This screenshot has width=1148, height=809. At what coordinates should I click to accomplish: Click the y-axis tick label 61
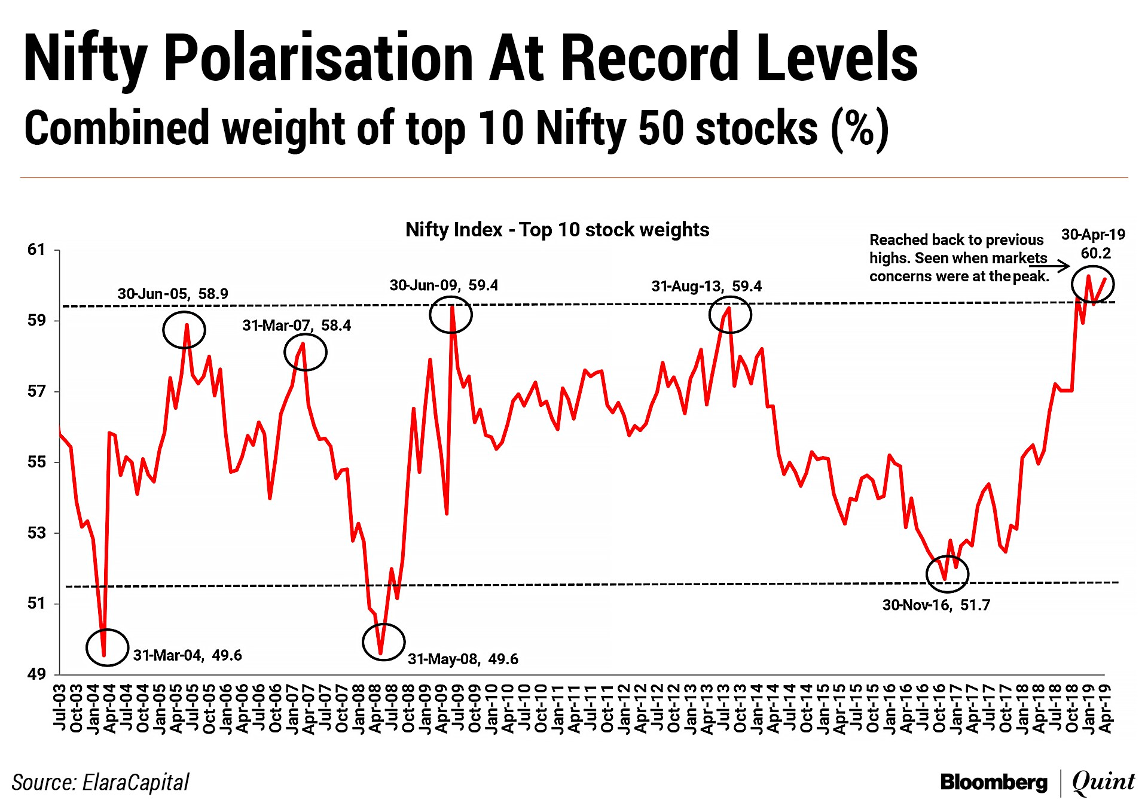(36, 250)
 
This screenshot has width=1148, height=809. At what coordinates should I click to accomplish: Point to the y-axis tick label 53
(36, 533)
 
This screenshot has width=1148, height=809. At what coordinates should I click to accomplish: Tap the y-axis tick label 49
(36, 674)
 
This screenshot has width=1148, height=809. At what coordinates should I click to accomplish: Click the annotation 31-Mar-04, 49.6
(187, 655)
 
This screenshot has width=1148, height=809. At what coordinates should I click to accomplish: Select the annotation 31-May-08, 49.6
(463, 659)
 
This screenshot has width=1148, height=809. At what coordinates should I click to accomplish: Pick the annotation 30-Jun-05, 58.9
(173, 294)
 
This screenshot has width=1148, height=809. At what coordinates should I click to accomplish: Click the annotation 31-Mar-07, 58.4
(297, 326)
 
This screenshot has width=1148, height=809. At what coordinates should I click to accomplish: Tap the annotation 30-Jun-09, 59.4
(444, 285)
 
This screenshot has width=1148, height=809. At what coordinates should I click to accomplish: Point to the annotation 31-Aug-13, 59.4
(707, 286)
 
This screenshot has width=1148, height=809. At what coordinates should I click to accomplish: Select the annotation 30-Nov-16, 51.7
(936, 605)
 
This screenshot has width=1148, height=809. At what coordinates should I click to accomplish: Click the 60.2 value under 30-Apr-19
(1095, 253)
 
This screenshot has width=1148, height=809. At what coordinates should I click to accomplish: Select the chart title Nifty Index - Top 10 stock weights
(557, 230)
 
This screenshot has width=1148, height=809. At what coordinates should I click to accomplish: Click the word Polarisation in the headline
(318, 58)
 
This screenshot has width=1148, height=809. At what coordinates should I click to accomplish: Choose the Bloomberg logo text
(994, 782)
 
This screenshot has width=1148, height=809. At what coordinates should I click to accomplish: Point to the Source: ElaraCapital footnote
(100, 782)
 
